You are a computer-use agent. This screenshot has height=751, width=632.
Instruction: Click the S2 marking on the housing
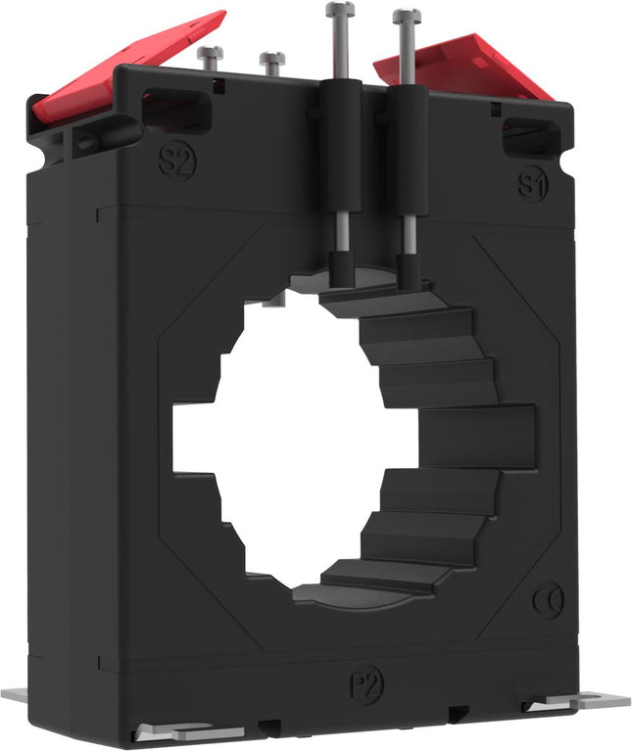(x=176, y=160)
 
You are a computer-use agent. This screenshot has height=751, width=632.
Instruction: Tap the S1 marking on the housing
(x=533, y=183)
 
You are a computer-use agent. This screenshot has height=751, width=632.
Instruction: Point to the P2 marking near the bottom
(x=366, y=684)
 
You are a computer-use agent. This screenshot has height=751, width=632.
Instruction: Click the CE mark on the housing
(x=549, y=600)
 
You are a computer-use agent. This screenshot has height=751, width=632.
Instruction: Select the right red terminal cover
(x=464, y=67)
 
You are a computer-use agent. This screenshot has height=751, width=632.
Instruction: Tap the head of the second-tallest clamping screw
(x=407, y=16)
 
